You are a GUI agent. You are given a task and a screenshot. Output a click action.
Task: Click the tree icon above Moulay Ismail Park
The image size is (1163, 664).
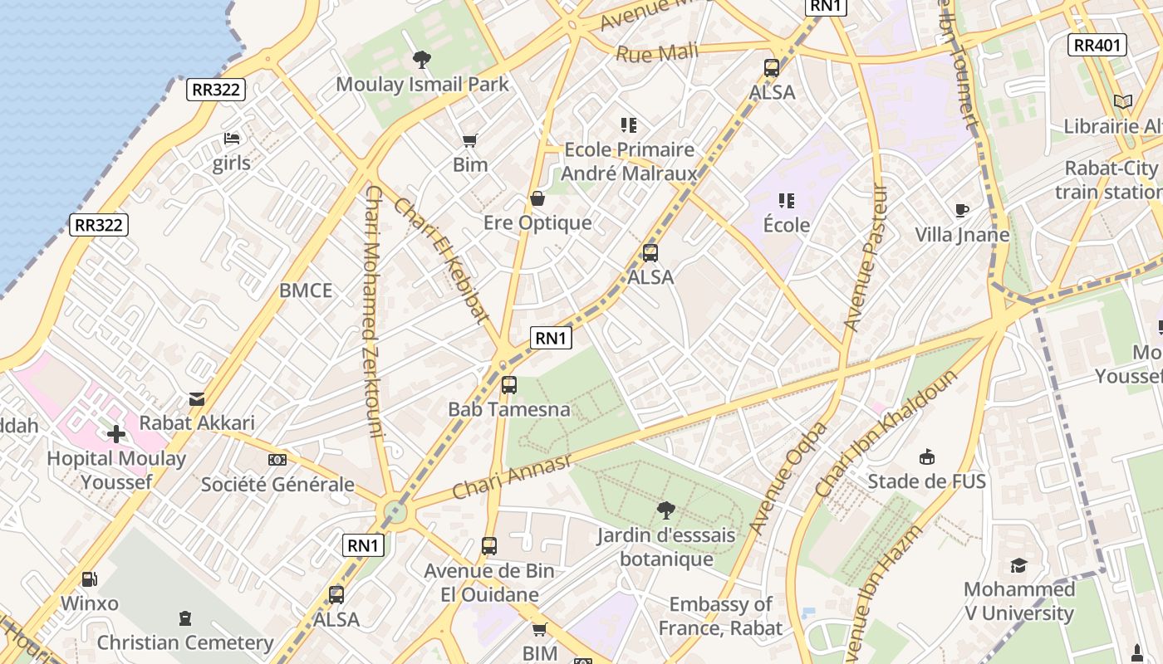422,59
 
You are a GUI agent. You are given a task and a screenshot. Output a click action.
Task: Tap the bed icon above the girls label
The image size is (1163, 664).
232,139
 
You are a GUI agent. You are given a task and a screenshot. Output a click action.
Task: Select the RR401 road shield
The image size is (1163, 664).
1098,45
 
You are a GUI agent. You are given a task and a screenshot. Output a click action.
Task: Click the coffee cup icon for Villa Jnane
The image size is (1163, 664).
962,210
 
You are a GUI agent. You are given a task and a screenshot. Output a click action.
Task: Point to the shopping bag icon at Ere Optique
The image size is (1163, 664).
537,198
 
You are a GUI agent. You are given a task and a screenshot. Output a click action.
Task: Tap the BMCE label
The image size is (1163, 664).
306,290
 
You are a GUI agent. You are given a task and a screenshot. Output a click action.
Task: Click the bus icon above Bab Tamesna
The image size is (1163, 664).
509,385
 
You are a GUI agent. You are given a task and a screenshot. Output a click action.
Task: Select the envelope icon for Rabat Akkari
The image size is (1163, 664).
197,399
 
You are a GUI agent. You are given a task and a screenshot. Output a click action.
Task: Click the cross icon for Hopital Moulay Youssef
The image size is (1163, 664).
116,433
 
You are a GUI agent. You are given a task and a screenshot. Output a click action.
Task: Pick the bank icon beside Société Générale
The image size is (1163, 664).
277,460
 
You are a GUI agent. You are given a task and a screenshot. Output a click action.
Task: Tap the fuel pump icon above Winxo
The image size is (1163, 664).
89,579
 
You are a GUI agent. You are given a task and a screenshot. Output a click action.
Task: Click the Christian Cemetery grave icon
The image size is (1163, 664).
185,618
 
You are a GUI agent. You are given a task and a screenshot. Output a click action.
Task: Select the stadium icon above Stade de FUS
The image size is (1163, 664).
927,456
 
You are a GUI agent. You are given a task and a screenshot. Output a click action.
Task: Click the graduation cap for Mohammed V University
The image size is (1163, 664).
1018,565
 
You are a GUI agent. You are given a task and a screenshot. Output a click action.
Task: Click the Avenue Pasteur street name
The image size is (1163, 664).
865,257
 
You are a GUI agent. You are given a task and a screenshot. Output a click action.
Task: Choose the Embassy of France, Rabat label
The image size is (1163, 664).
720,616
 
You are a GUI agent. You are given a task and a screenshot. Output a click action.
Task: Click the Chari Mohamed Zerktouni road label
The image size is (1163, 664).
373,311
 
